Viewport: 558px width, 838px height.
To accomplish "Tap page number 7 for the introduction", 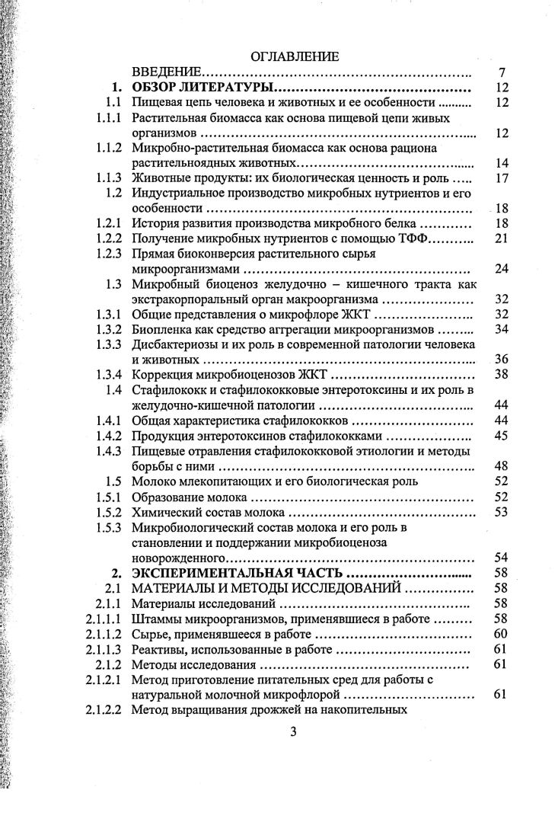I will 502,72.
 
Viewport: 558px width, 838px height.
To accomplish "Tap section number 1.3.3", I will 108,345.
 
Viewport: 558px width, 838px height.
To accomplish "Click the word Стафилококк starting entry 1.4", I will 167,390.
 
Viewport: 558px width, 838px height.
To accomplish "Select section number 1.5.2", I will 108,512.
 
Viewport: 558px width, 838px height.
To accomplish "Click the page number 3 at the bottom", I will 293,733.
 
